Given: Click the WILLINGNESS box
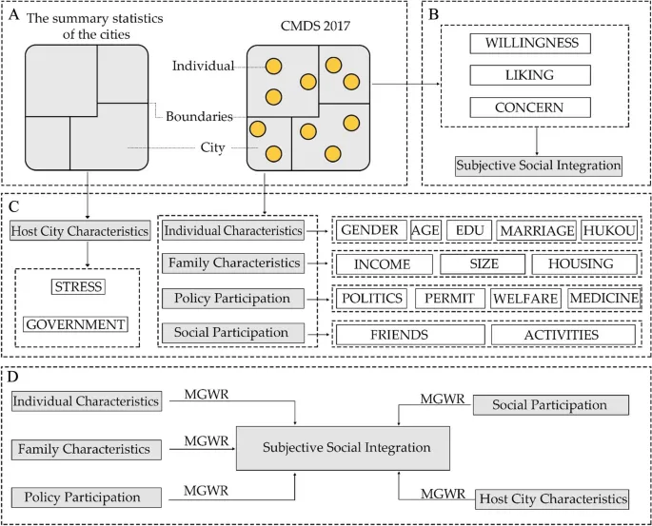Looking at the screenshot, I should pyautogui.click(x=531, y=44).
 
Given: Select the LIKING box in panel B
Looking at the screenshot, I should pyautogui.click(x=531, y=76).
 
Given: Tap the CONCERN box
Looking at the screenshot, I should pyautogui.click(x=531, y=107).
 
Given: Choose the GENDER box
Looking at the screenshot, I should pyautogui.click(x=369, y=230).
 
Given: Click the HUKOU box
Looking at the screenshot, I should pyautogui.click(x=609, y=230).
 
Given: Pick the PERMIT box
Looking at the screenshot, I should pyautogui.click(x=450, y=299).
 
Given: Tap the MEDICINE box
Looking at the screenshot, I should pyautogui.click(x=603, y=299).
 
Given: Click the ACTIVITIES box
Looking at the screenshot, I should pyautogui.click(x=563, y=335).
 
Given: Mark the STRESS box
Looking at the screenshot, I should pyautogui.click(x=78, y=286).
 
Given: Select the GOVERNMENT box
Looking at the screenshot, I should pyautogui.click(x=76, y=324).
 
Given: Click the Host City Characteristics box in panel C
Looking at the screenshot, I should pyautogui.click(x=80, y=230).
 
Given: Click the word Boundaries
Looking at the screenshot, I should pyautogui.click(x=199, y=116).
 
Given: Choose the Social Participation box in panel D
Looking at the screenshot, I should pyautogui.click(x=549, y=405).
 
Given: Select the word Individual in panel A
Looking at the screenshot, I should pyautogui.click(x=203, y=66).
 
